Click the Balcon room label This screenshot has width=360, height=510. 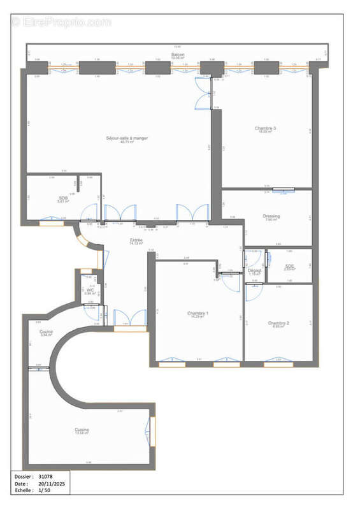pyautogui.click(x=177, y=55)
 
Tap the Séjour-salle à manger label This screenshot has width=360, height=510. pyautogui.click(x=127, y=138)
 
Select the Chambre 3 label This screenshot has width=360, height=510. pyautogui.click(x=265, y=128)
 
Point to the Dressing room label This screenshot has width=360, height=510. pyautogui.click(x=271, y=216)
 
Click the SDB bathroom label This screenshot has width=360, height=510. pyautogui.click(x=63, y=198)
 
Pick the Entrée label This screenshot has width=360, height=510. pyautogui.click(x=135, y=240)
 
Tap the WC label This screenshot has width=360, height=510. pyautogui.click(x=90, y=289)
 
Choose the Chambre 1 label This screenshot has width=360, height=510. pyautogui.click(x=198, y=313)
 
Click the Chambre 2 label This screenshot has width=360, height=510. pyautogui.click(x=278, y=323)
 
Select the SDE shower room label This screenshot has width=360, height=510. pyautogui.click(x=290, y=266)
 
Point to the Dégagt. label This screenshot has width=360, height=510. pyautogui.click(x=255, y=271)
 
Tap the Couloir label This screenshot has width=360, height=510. pyautogui.click(x=46, y=331)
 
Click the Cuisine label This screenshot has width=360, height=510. pyautogui.click(x=82, y=430)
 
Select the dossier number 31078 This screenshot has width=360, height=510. pyautogui.click(x=47, y=476)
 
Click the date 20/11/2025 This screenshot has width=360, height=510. pyautogui.click(x=52, y=484)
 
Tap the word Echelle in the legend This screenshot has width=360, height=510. pyautogui.click(x=24, y=492)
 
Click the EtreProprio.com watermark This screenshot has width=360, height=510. pyautogui.click(x=61, y=22)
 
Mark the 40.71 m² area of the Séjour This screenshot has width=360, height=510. pyautogui.click(x=127, y=142)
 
